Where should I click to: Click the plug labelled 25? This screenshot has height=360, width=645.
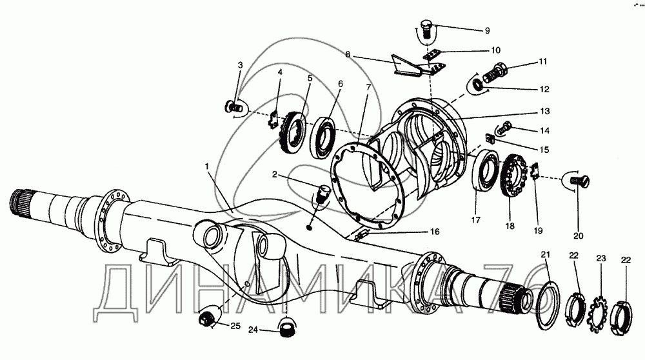tap(209, 318)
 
